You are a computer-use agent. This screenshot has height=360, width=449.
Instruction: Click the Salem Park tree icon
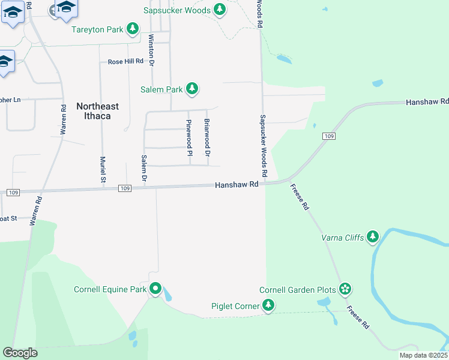pos(191,89)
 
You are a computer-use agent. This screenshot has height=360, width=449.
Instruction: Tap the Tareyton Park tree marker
pos(132,29)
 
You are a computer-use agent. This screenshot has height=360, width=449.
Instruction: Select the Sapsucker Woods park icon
pos(220,10)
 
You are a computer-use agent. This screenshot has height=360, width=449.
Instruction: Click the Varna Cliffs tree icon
pos(373,237)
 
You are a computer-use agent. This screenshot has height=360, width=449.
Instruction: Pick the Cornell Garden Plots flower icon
pos(345,290)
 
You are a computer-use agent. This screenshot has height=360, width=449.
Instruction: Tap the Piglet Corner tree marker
pos(268,306)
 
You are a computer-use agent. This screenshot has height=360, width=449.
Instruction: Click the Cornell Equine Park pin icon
pos(155,289)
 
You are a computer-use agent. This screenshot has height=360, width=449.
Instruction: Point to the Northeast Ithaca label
pos(97,110)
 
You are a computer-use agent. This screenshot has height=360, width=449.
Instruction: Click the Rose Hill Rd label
pos(125,61)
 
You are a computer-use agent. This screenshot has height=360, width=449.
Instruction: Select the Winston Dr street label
pos(151,49)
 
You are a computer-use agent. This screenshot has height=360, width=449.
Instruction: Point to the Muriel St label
pos(103,170)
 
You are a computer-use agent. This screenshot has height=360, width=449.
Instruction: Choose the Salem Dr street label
pos(144,169)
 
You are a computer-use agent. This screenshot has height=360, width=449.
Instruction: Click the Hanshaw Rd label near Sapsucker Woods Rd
pos(237,185)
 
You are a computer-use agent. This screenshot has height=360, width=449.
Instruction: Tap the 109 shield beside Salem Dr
pos(124,188)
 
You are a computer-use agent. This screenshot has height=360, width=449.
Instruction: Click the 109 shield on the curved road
pos(328,137)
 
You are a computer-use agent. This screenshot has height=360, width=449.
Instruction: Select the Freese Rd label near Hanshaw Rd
pos(299,196)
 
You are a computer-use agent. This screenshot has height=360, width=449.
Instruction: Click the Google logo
pos(20,353)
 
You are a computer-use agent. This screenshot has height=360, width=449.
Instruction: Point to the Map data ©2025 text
pos(423,355)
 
